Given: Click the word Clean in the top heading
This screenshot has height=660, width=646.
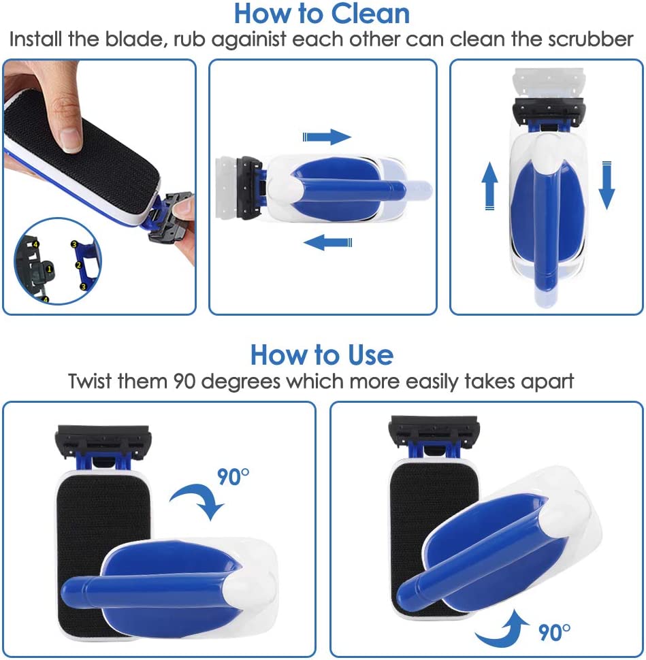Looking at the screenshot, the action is pos(370,14).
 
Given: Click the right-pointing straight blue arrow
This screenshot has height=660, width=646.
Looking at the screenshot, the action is pos(327,137).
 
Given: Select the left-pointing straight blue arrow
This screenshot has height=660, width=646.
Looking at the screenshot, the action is pos(327,242).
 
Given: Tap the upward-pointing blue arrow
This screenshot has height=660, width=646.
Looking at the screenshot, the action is pos(489,186).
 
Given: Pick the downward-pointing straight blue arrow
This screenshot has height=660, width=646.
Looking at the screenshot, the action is pos(607,185).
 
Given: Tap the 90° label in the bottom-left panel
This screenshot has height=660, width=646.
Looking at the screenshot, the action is pos(233,477).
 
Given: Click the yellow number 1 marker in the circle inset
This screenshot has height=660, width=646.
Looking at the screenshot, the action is pos(49,269).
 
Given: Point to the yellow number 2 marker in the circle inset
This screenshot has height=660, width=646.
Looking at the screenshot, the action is pos(78,265).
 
